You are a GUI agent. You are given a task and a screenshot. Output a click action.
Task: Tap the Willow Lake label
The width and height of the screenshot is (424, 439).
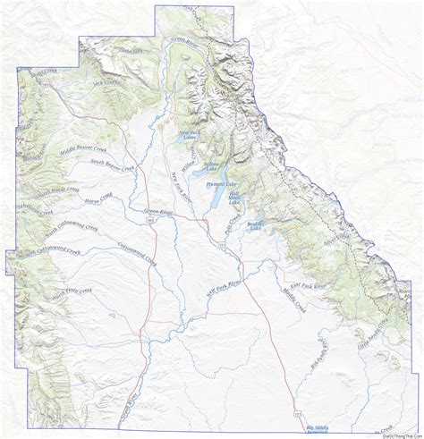(x=210, y=166)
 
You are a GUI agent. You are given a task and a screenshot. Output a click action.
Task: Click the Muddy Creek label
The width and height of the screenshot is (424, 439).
(x=293, y=294)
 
